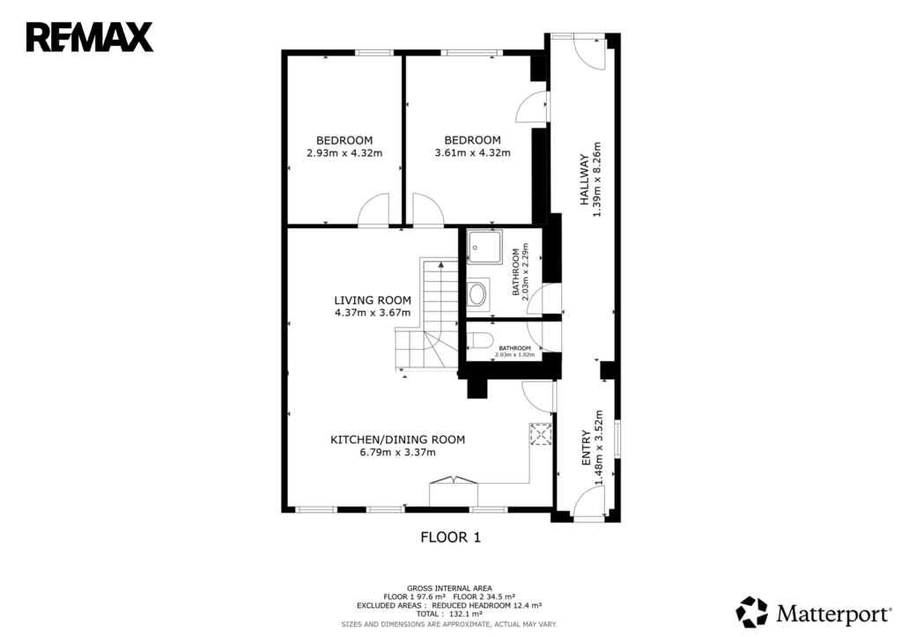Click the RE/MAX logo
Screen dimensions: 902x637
coord(90,37)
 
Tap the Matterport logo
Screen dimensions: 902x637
coord(813,613)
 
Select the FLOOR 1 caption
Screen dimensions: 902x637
coord(450,537)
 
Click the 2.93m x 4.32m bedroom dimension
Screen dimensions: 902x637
coord(344,153)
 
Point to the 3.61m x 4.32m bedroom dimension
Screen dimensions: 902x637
coord(472,153)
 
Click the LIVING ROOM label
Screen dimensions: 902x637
coord(373,300)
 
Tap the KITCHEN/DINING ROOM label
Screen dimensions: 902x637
coord(397,440)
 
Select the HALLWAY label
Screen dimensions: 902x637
coord(585,180)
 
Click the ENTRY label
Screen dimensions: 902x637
coord(586,448)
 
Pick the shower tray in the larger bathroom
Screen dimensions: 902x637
coord(484,247)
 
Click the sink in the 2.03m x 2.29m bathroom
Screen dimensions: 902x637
coord(478,294)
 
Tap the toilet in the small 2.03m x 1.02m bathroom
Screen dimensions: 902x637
coord(478,341)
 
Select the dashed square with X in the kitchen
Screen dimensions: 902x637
coord(541,434)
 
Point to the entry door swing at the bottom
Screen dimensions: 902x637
coord(588,503)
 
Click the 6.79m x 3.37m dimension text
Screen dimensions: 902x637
coord(397,452)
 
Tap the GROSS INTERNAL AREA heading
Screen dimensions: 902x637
coord(449,588)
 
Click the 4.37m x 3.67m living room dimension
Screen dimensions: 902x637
coord(373,313)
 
